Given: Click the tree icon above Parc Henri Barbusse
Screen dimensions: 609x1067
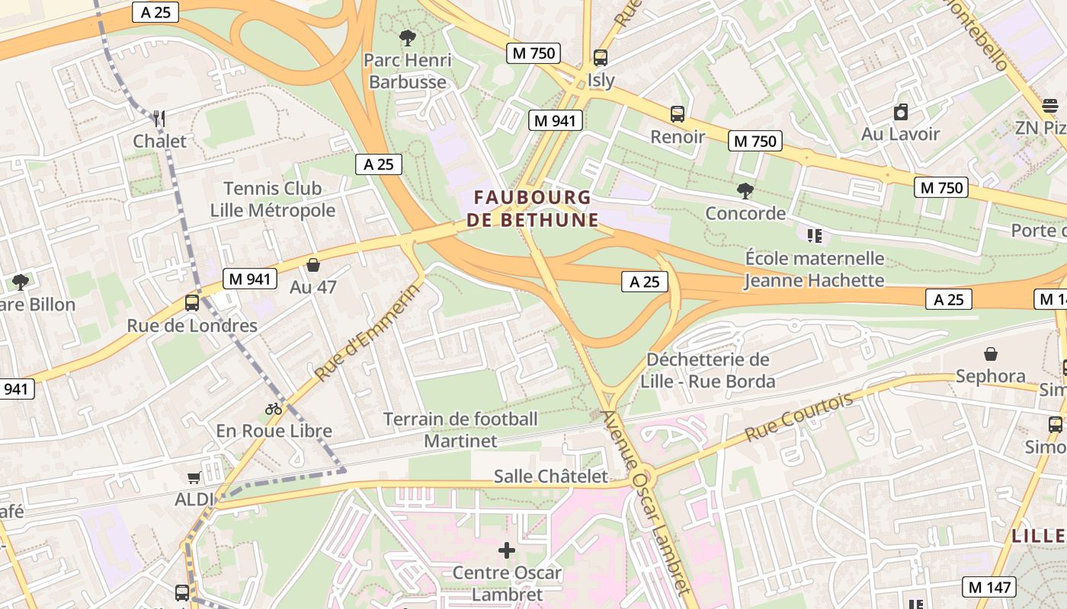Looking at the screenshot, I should [x=408, y=37].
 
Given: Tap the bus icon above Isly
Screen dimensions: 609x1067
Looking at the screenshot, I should [x=601, y=57].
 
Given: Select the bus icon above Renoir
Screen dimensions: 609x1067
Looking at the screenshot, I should [x=678, y=114].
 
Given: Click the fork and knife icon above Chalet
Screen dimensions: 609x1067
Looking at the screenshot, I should [x=159, y=118].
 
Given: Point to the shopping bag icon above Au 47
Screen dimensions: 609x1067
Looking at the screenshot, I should [x=312, y=265].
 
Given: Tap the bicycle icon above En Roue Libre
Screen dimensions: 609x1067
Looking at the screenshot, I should [x=274, y=409].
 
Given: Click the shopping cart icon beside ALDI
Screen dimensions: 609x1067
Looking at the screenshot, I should [x=194, y=477].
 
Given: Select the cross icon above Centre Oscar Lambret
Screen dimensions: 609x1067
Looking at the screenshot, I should [x=507, y=550].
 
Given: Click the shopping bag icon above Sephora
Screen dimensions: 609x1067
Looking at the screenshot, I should [x=991, y=354].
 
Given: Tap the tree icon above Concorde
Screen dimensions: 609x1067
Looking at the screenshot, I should [x=745, y=190].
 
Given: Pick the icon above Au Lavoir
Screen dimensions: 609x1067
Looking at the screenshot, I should [x=901, y=112].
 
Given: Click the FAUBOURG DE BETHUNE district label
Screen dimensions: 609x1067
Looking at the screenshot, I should [x=532, y=209].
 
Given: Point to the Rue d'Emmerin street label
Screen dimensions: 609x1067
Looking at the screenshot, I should [x=367, y=333].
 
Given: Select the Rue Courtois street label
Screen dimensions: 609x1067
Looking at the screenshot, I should [x=799, y=416].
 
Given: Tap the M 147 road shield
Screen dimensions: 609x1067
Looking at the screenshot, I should [x=989, y=587].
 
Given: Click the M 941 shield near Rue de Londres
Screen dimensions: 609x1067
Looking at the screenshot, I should [x=249, y=279].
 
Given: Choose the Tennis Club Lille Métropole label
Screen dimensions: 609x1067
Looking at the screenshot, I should [x=272, y=199].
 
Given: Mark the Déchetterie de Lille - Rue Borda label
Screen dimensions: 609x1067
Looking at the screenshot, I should [x=708, y=370].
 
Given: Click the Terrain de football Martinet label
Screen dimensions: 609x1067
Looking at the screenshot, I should [x=460, y=429].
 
